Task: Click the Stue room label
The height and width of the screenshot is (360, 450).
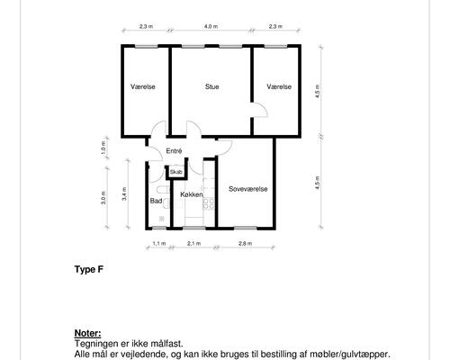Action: coord(211,86)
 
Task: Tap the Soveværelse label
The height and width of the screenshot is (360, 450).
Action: coord(247,189)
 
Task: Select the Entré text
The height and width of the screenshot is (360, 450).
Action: coord(174,151)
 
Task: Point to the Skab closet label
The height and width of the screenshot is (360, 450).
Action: coord(176,172)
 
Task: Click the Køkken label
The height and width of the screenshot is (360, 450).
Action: coord(192,194)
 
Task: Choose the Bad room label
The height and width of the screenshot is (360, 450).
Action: coord(156,201)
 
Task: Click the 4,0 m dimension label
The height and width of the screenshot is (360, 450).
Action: coord(211,26)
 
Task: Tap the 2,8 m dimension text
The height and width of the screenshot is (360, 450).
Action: coord(245,243)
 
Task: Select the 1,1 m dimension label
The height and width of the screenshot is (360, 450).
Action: coord(159,243)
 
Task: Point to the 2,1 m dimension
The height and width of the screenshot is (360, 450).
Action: coord(193,243)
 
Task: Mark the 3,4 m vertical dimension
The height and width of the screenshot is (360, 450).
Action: coord(125,193)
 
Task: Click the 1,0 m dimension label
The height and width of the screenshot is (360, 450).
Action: coord(103,147)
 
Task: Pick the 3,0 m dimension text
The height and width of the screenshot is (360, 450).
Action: coord(103,198)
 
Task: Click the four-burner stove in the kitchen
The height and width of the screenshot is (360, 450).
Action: coord(209,203)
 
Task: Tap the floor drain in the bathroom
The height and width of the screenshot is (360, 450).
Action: coord(162,219)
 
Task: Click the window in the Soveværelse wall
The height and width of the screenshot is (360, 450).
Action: coord(246,228)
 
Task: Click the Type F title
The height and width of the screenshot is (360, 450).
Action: coord(89,269)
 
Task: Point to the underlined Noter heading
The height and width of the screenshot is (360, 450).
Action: coord(87,333)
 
